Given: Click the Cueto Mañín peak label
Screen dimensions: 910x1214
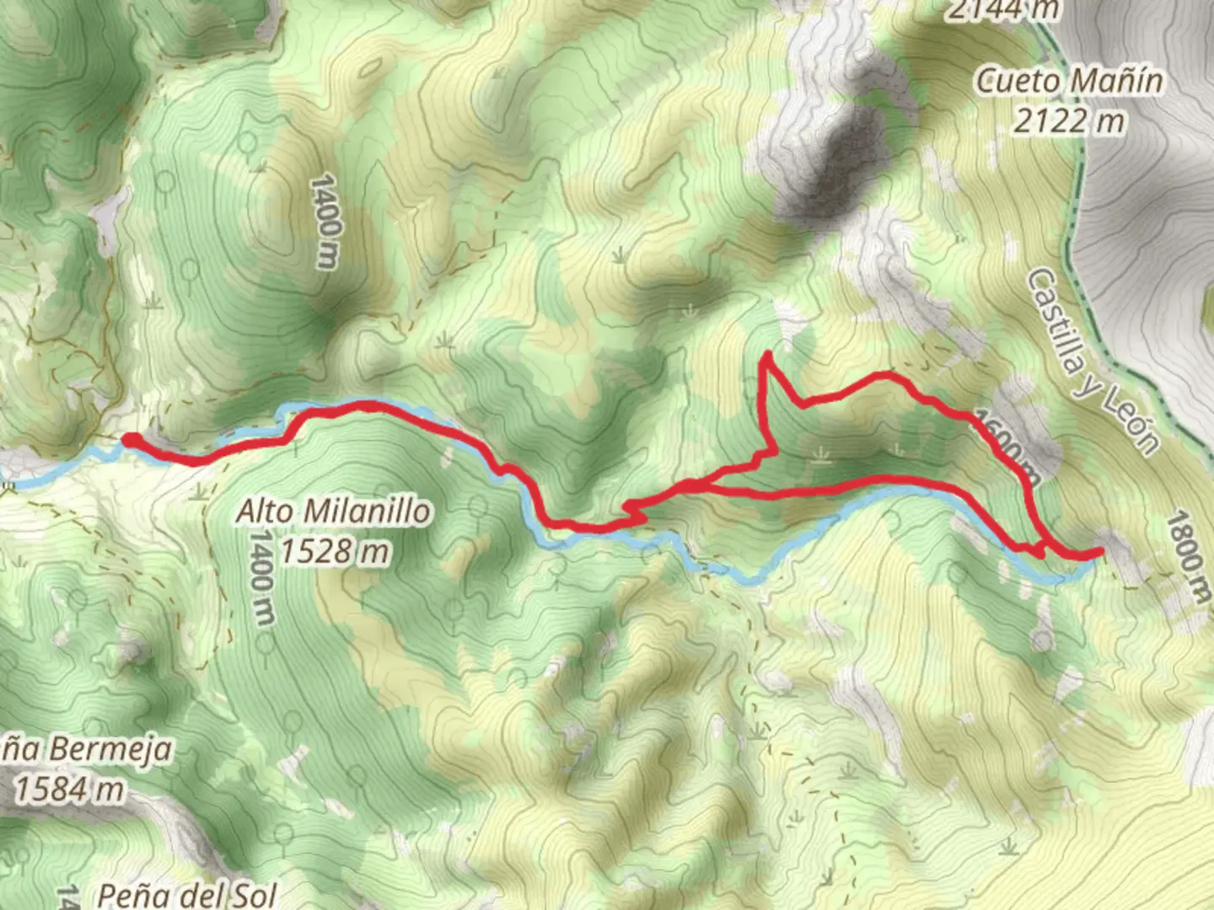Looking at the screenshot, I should [x=1069, y=81].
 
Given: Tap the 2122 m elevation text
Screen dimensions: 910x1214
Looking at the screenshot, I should [x=1069, y=120].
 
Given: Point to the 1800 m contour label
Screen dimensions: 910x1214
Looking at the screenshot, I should [x=1188, y=557].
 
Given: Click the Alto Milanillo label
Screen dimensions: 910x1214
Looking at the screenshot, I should [x=334, y=511].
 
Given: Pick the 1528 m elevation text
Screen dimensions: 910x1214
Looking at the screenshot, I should [x=334, y=552].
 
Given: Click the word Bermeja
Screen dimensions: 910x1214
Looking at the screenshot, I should [x=110, y=748].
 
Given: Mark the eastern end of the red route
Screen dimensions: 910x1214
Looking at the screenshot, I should [x=1099, y=552].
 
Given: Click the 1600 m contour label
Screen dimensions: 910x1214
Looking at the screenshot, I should [x=1007, y=445].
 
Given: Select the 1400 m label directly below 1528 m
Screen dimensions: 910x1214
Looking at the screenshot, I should [x=262, y=578].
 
